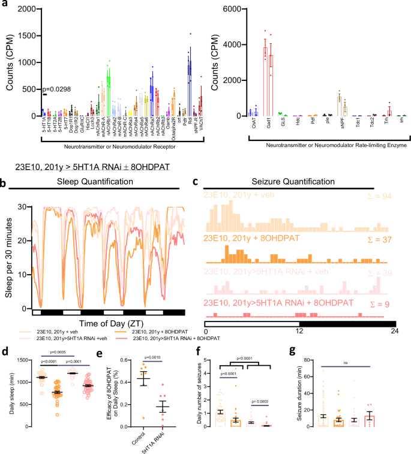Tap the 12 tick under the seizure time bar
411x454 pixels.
(299, 331)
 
